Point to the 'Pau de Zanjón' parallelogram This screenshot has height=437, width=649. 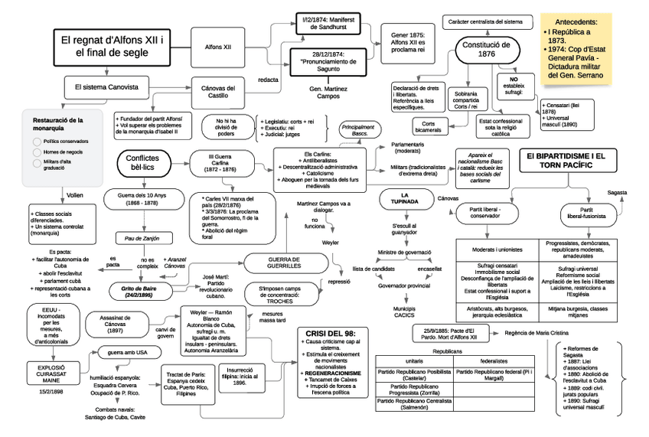point(145,239)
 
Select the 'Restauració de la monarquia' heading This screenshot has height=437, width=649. point(59,125)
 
